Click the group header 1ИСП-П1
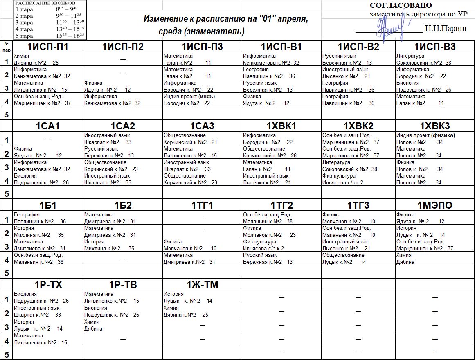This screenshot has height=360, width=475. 47,47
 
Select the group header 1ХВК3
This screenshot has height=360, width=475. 435,126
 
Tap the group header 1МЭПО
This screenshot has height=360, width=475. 435,205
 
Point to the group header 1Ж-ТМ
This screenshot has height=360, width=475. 203,285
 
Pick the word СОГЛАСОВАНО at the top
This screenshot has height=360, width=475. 401,5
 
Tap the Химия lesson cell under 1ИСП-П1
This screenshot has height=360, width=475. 47,59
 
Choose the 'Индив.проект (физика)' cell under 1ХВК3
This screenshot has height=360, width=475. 435,139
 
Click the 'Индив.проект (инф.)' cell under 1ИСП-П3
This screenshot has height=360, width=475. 203,100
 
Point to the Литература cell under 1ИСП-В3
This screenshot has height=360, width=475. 435,59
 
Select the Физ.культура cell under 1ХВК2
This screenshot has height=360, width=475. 358,179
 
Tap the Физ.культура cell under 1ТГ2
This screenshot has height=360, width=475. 281,245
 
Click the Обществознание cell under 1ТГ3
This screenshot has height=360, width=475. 358,259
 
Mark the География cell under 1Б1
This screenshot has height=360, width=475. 47,218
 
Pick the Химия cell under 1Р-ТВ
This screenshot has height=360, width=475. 123,325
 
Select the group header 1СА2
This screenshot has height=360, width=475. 123,126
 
